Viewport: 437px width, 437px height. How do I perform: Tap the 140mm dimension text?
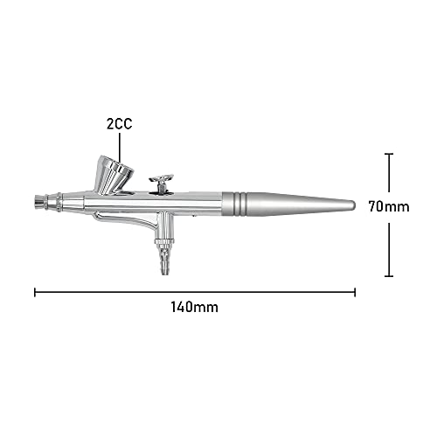point(196,307)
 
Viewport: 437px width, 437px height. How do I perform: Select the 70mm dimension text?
point(389,207)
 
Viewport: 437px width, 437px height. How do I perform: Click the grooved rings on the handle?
point(236,204)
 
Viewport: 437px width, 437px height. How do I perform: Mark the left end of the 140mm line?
point(35,290)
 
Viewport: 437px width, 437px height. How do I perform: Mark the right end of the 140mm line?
point(355,290)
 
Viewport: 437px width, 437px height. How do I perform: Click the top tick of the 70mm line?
point(388,155)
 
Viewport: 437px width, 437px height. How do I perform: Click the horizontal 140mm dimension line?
point(195,290)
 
